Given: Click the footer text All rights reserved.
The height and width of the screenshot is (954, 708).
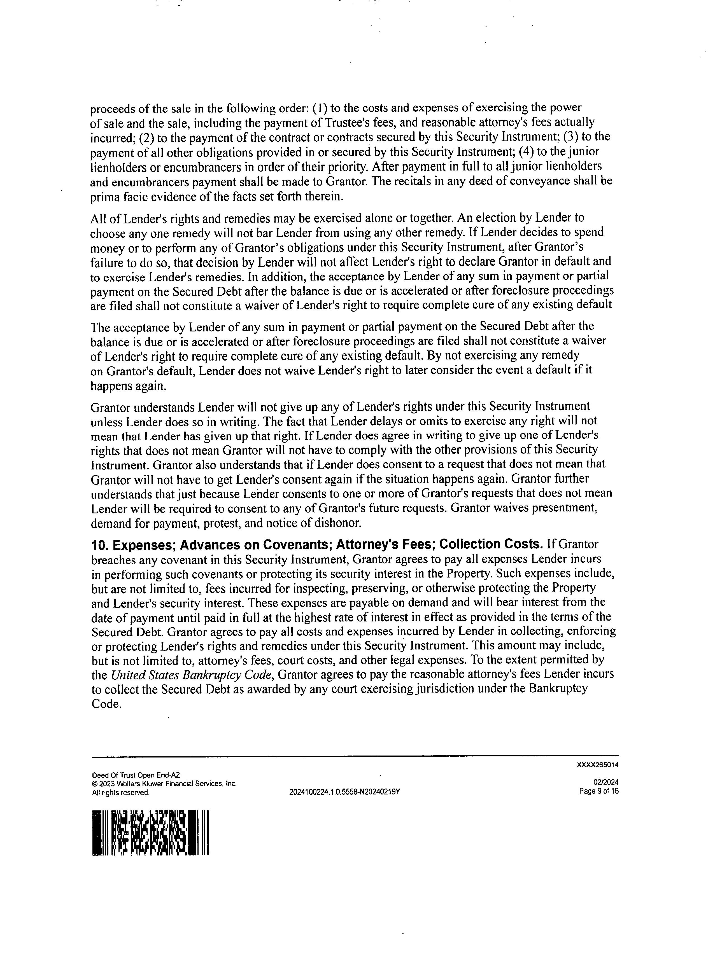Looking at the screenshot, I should [121, 792].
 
